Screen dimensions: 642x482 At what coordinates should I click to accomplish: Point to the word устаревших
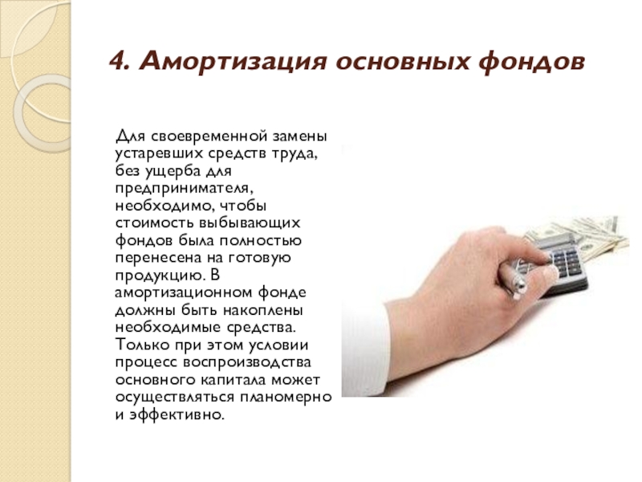[159, 153]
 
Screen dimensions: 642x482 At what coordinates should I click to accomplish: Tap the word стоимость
[155, 223]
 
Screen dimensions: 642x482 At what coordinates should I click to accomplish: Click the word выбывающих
[250, 224]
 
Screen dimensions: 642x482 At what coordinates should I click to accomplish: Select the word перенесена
[158, 258]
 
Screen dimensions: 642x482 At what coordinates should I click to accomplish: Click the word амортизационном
[184, 293]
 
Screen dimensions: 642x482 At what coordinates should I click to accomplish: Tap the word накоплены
[263, 310]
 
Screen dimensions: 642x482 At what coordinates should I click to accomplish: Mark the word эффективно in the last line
[177, 415]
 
